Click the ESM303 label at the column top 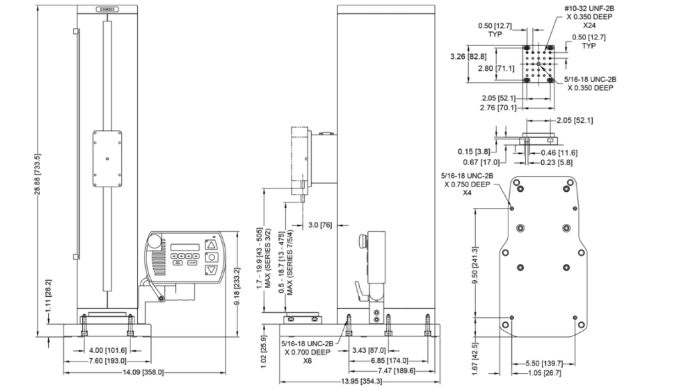107,10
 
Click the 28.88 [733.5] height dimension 41,172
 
